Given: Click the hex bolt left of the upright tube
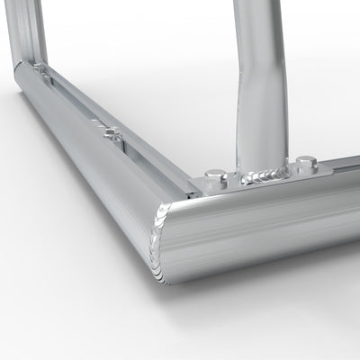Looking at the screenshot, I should tap(214, 174).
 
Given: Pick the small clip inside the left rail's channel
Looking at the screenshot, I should tap(111, 133).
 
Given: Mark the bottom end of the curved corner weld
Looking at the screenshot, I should tap(165, 274).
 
